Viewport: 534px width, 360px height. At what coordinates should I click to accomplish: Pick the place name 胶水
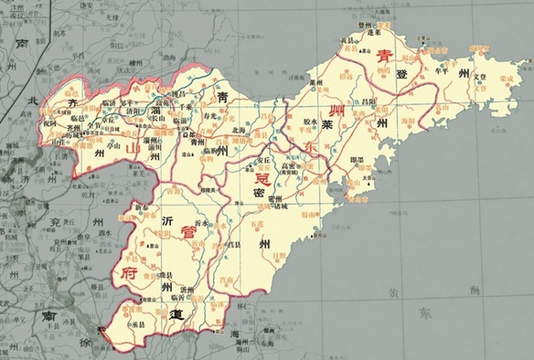[306, 121]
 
